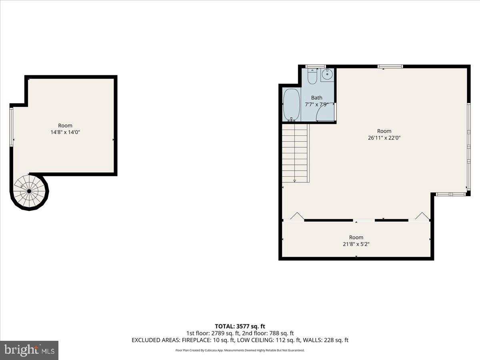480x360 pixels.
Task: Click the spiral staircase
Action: point(29,191)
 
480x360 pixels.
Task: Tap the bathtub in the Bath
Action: point(292,104)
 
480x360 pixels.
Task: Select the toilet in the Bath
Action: point(312,76)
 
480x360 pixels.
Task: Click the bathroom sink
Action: point(327,75)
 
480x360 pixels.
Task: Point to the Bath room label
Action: point(316,98)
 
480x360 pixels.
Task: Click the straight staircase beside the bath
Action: point(295,153)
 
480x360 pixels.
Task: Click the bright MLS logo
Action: point(29,350)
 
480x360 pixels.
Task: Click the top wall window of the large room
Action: point(390,66)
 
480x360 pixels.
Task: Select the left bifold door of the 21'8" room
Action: point(297,217)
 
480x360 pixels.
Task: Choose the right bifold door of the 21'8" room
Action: point(422,217)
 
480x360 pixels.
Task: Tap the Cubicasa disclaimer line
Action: point(240,350)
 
